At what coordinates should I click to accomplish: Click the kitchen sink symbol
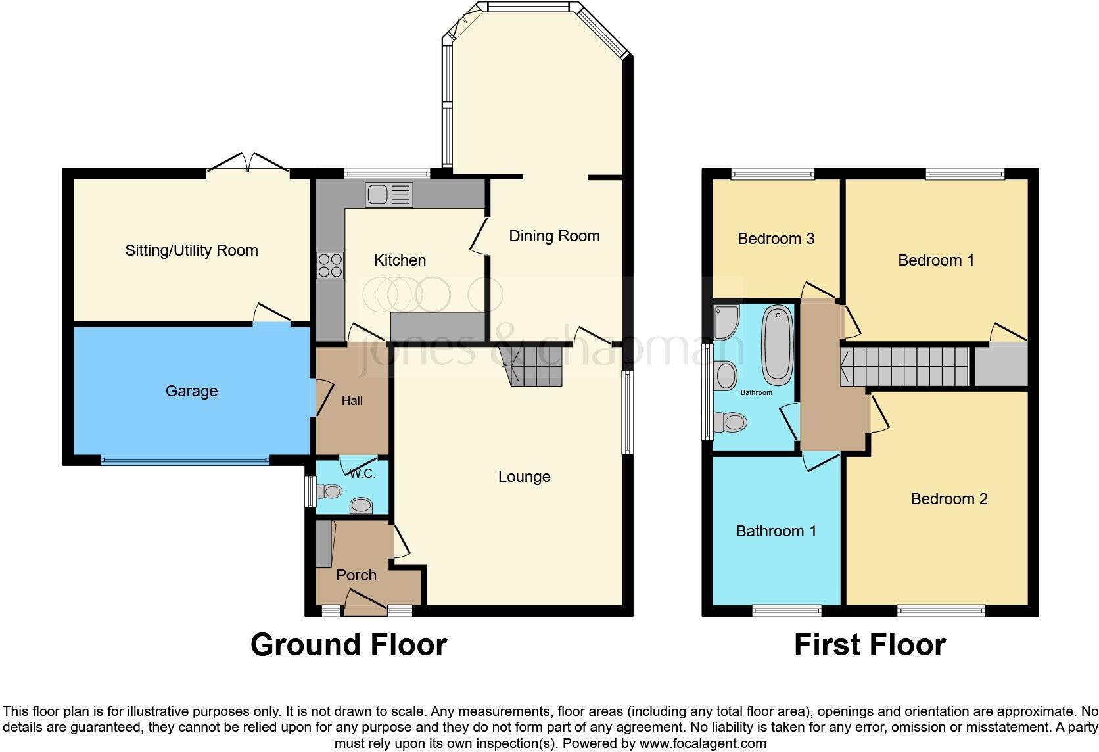coord(389,195)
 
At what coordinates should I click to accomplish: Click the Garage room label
coord(191,391)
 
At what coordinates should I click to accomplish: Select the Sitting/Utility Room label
coord(191,250)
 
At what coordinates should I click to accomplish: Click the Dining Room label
coord(554,236)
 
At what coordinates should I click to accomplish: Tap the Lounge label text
coord(524,477)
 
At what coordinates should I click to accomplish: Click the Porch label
coord(356,575)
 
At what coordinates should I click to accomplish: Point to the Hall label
coord(352,400)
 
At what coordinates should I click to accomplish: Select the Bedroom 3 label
coord(776,239)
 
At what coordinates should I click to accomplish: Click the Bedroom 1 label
coord(935,260)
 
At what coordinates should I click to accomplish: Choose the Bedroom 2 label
coord(948,499)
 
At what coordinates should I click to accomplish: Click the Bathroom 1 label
coord(776,531)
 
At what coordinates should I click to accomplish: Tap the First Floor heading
coord(869,645)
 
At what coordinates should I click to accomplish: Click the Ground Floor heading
coord(348,645)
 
